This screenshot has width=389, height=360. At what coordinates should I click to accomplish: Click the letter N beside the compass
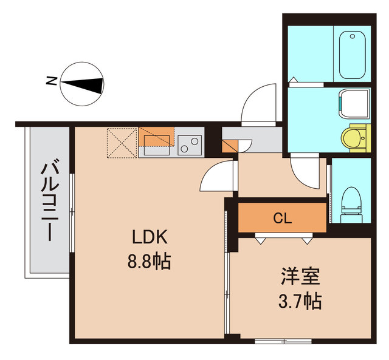tap(52, 80)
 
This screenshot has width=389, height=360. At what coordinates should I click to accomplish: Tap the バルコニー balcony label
tap(48, 200)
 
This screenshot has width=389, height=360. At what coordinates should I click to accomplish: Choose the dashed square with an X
tap(122, 143)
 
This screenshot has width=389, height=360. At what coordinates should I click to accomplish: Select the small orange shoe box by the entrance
tap(230, 146)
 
